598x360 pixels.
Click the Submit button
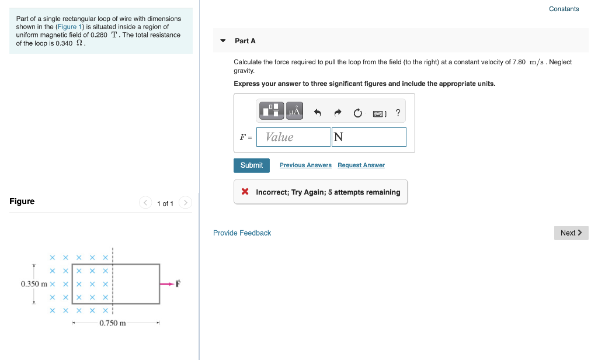(x=252, y=165)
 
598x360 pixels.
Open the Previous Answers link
(x=305, y=165)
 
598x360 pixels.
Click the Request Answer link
(x=361, y=165)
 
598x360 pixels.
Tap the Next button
(x=571, y=233)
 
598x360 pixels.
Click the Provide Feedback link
(x=242, y=233)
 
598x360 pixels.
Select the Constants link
(x=564, y=9)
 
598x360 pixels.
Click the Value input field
(x=293, y=137)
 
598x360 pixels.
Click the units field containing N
(x=368, y=137)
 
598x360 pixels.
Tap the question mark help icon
(x=398, y=112)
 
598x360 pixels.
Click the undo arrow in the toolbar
(x=318, y=112)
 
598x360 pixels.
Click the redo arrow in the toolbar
(x=338, y=112)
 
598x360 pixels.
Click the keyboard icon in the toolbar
(x=378, y=113)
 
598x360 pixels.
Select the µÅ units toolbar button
(x=294, y=111)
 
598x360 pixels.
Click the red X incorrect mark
(x=245, y=192)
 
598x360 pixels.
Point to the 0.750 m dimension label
(x=113, y=323)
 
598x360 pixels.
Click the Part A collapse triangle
(x=222, y=41)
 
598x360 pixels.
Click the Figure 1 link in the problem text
(x=70, y=27)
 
